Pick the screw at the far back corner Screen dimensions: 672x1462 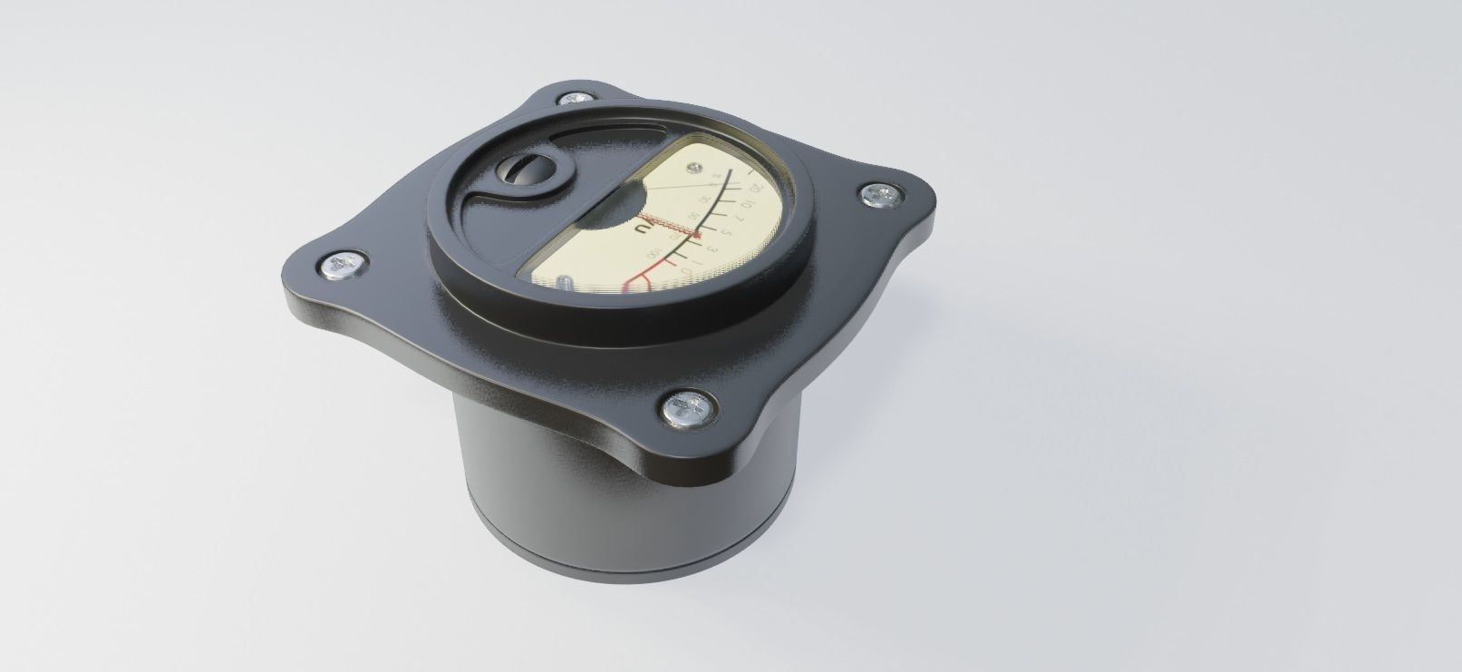click(574, 97)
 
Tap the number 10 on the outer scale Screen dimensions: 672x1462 click(748, 205)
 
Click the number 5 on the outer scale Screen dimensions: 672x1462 click(726, 233)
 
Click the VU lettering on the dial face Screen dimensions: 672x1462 click(646, 229)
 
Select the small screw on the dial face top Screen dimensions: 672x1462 click(695, 168)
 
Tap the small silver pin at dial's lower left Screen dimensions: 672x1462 click(564, 283)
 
